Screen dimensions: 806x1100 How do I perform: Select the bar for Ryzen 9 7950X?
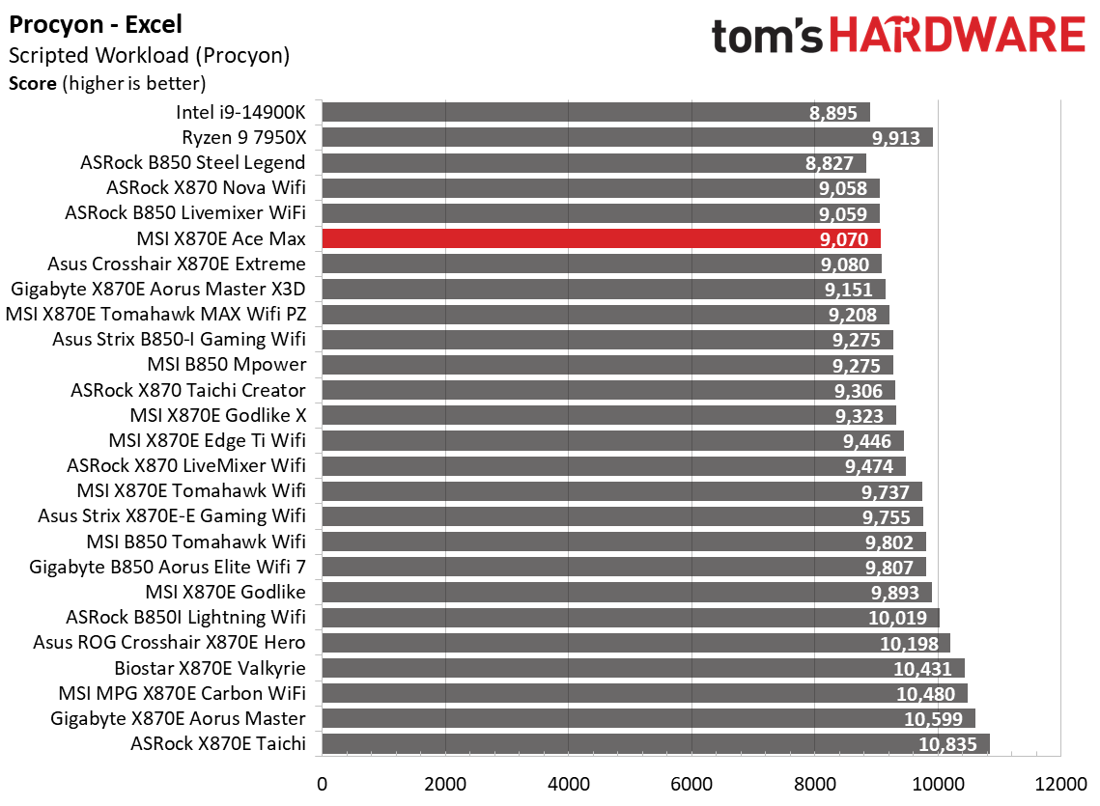tap(627, 137)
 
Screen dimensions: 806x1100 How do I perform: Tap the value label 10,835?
tap(947, 744)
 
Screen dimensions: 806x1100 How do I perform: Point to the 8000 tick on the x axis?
tap(814, 782)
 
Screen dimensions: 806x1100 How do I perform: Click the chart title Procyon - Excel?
tap(95, 24)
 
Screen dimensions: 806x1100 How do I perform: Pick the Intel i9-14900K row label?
tap(240, 112)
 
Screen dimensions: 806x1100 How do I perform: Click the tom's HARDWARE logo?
tap(897, 36)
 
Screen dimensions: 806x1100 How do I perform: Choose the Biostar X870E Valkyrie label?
tap(210, 668)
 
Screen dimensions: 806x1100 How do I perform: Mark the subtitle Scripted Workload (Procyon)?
tap(149, 56)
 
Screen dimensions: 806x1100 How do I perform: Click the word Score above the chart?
tap(33, 83)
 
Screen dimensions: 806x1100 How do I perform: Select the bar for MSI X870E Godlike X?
tap(608, 415)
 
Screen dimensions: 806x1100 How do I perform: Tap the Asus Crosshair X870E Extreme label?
tap(177, 264)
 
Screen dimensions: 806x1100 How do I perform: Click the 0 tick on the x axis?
tap(322, 782)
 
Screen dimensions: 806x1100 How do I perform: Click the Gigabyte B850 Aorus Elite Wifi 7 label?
tap(168, 567)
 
